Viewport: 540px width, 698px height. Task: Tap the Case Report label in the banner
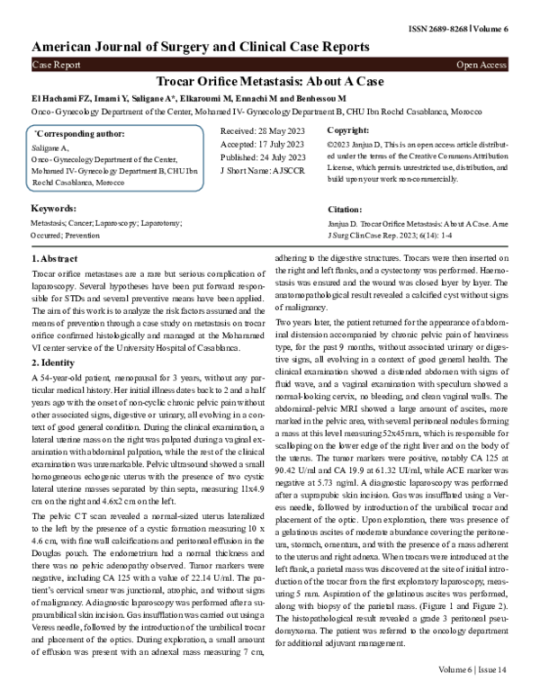[x=56, y=66]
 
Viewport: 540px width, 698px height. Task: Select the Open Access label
[x=481, y=66]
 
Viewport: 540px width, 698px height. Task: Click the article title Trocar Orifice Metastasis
[x=269, y=81]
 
